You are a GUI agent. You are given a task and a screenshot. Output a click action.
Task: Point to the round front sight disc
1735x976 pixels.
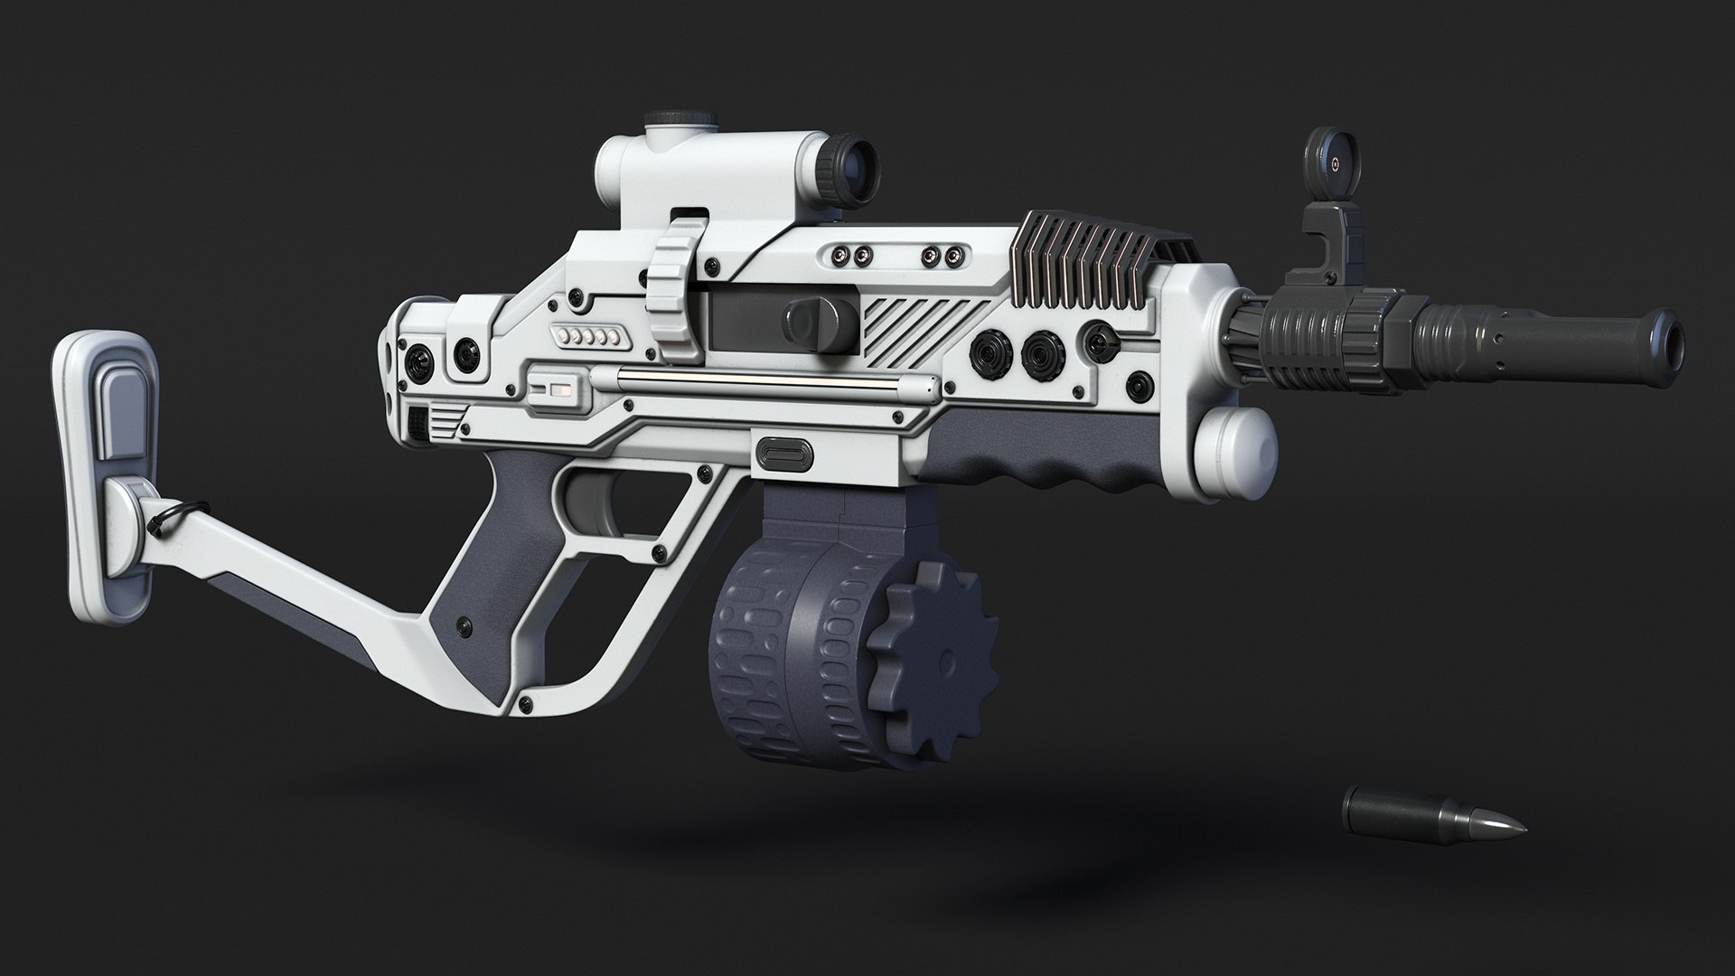1330,165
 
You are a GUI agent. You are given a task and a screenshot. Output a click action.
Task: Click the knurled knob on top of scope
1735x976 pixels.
670,118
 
